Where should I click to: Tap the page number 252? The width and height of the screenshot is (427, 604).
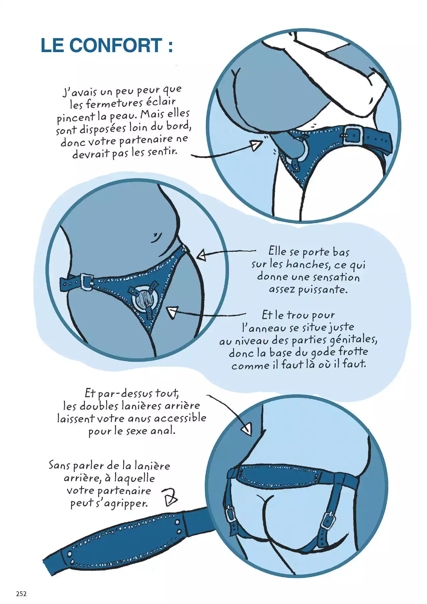point(21,594)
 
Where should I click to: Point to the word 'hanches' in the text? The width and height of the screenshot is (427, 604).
point(308,264)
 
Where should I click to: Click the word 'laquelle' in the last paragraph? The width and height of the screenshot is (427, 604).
point(134,478)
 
